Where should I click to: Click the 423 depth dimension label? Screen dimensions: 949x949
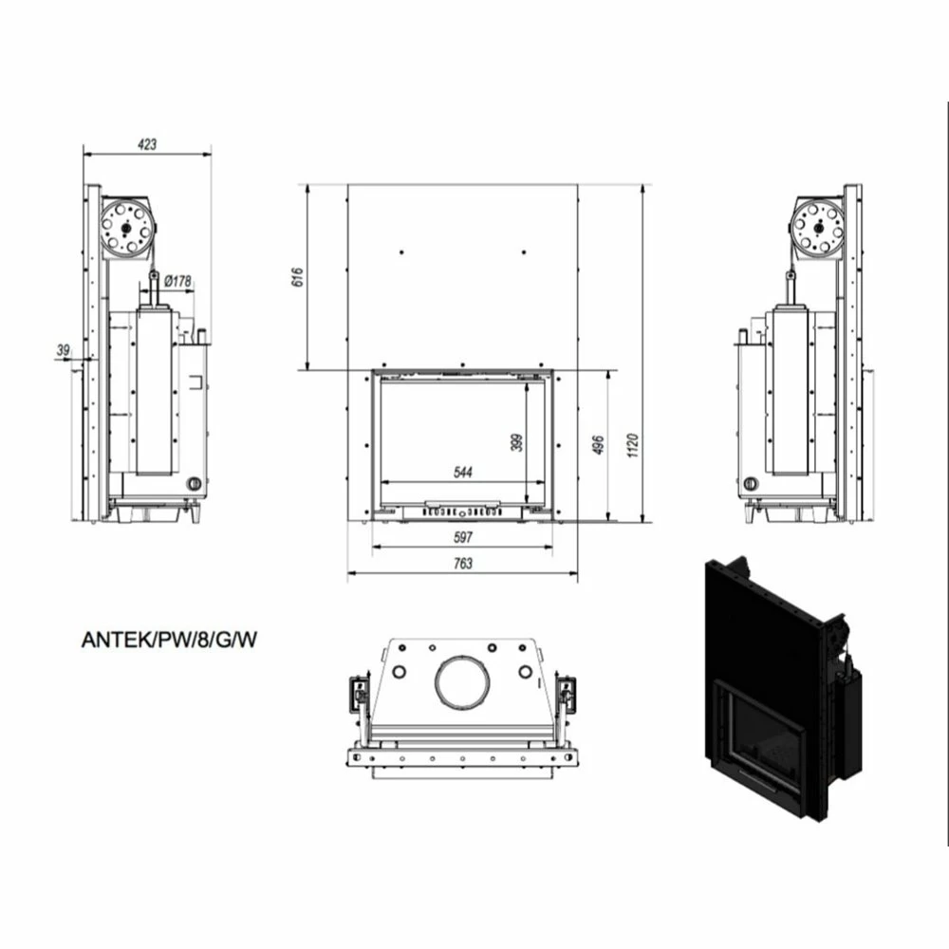tap(147, 144)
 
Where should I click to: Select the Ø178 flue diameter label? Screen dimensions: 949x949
tap(177, 281)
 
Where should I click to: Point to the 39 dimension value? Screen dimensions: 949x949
tap(63, 350)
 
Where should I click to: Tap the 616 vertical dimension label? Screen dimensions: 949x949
tap(298, 276)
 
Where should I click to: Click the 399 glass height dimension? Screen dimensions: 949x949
tap(517, 442)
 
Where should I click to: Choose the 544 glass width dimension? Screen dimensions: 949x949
tap(462, 472)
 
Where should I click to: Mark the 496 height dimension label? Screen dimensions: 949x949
tap(598, 445)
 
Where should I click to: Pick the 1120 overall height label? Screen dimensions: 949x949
tap(632, 445)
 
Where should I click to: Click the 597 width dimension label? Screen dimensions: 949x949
tap(462, 537)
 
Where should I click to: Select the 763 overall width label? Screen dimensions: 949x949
tap(462, 564)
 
